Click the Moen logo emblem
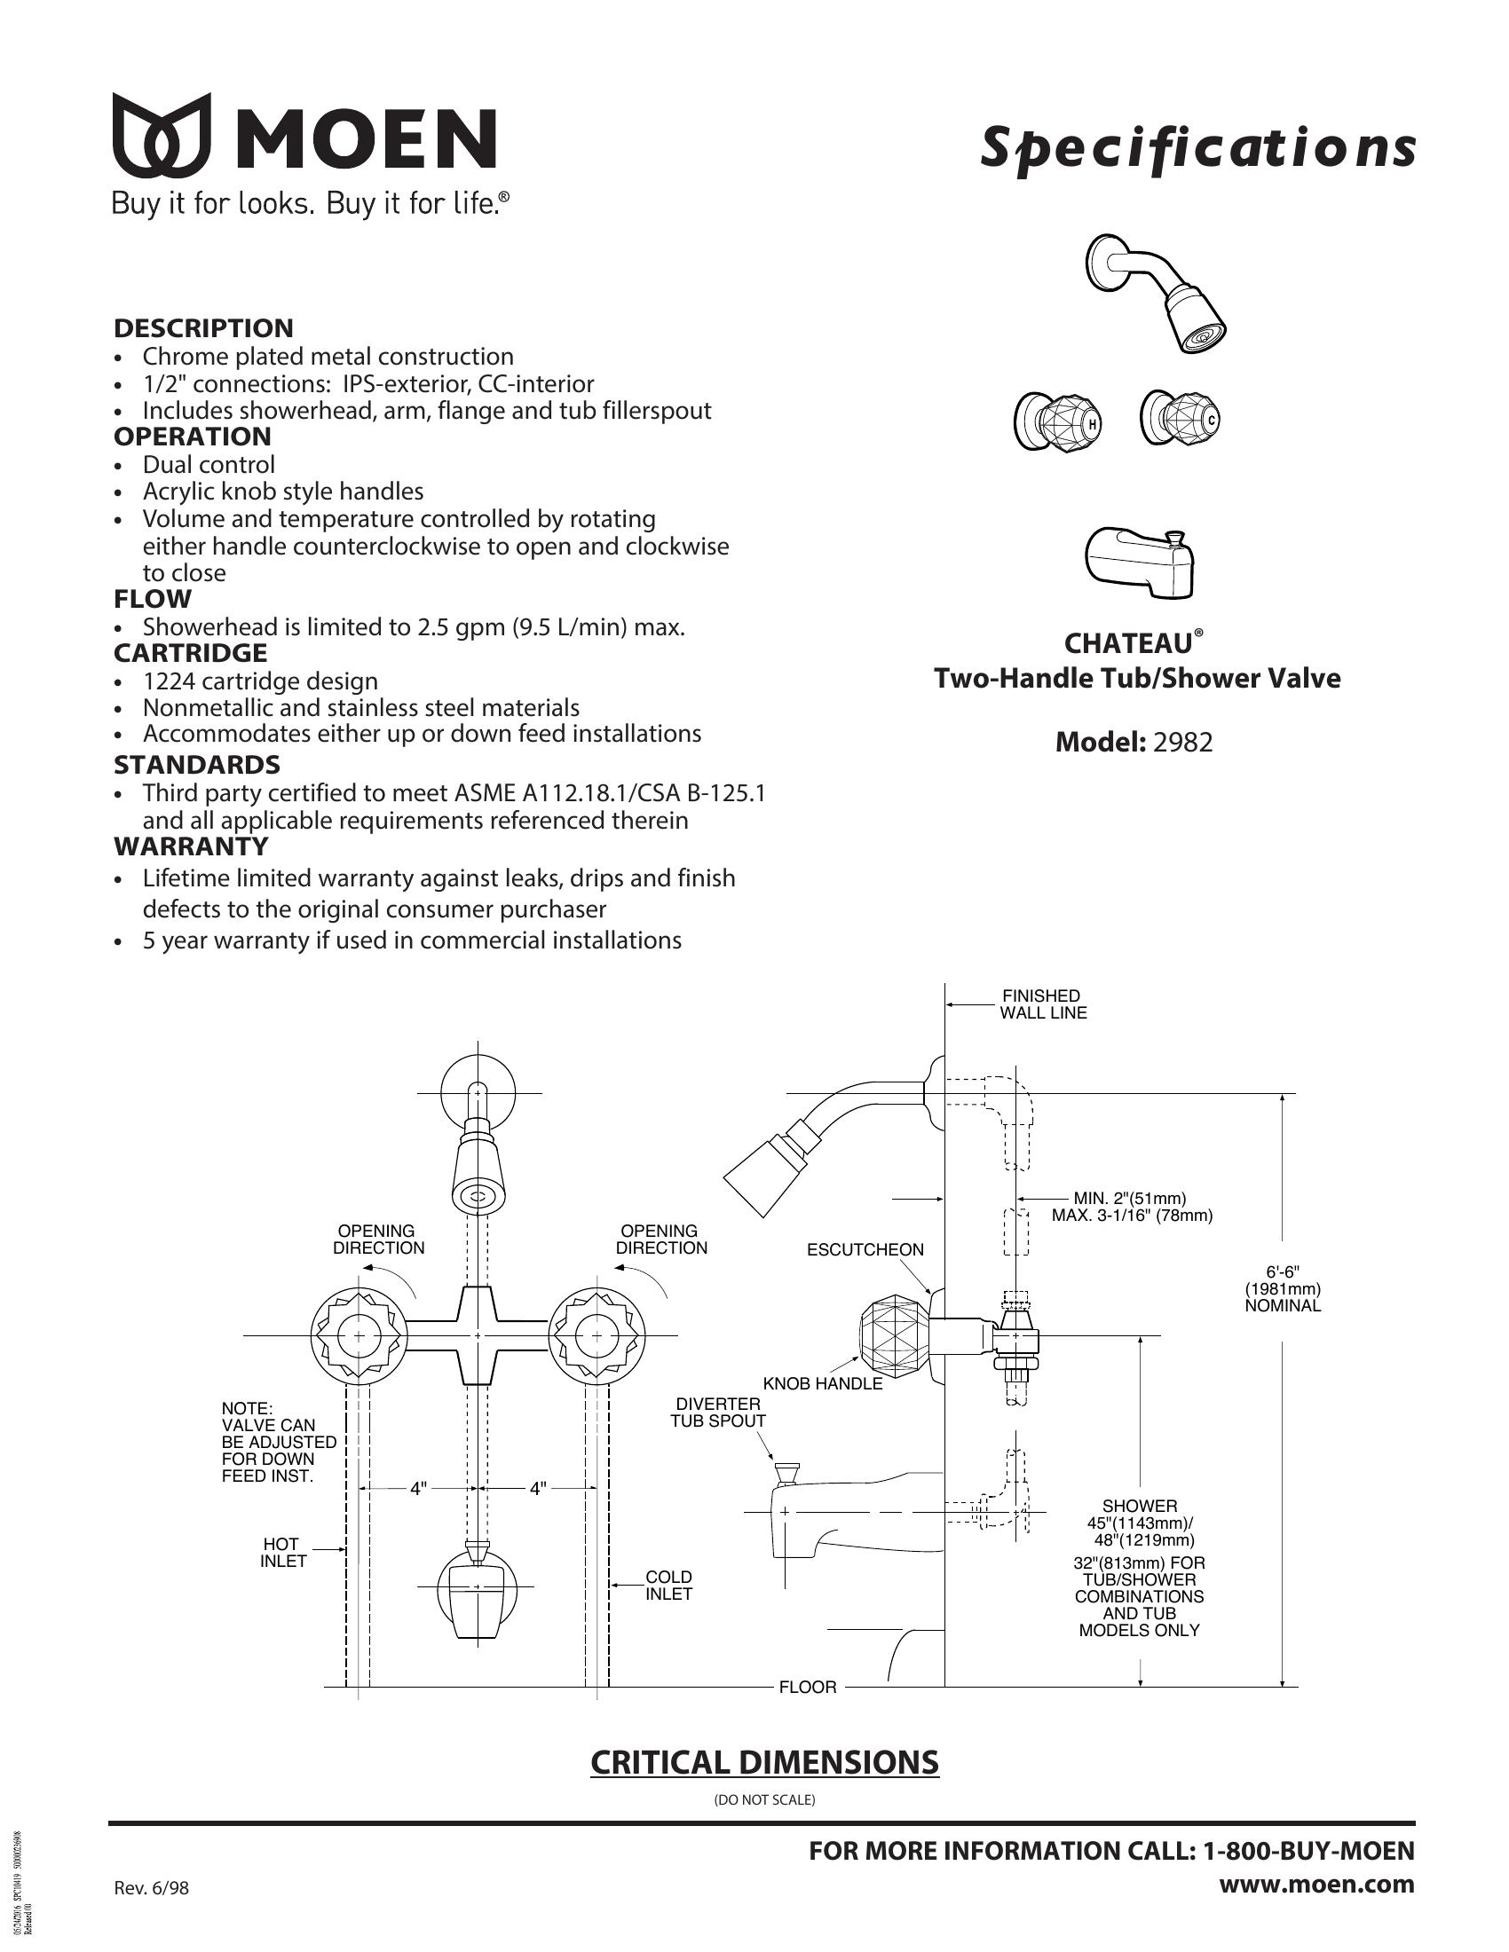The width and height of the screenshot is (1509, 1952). [162, 135]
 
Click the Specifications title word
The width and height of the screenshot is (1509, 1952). [1198, 148]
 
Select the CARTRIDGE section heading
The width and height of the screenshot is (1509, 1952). [191, 653]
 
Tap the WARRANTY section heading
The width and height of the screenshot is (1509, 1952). [191, 846]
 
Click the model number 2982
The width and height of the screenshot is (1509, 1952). [1182, 743]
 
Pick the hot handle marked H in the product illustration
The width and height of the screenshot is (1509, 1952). [1056, 419]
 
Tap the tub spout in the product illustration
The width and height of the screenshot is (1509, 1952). [1141, 564]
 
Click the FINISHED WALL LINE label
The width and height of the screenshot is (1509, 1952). [1043, 1004]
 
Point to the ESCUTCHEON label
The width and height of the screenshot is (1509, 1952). [865, 1249]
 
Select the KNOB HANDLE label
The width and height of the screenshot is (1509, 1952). [823, 1383]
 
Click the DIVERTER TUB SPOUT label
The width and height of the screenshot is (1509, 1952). [719, 1413]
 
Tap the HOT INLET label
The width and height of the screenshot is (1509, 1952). [283, 1553]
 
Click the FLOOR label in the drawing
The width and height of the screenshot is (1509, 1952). [808, 1688]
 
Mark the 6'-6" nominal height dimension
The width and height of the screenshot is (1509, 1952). [1283, 1288]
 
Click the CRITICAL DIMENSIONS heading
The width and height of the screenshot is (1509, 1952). [765, 1761]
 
